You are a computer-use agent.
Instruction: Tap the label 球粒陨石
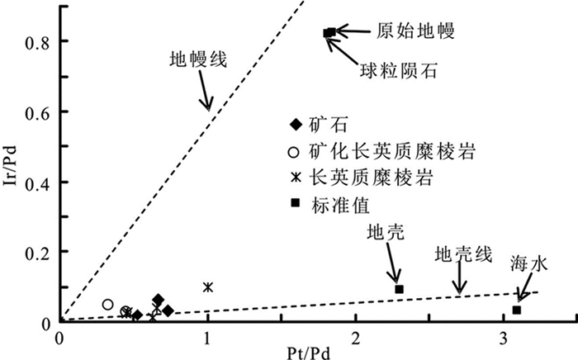(x=396, y=69)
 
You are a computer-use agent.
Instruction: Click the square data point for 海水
(x=517, y=310)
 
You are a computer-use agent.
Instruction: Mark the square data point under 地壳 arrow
(x=399, y=289)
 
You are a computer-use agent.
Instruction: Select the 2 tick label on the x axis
(x=356, y=337)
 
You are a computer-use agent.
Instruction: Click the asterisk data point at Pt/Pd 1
(x=207, y=287)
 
